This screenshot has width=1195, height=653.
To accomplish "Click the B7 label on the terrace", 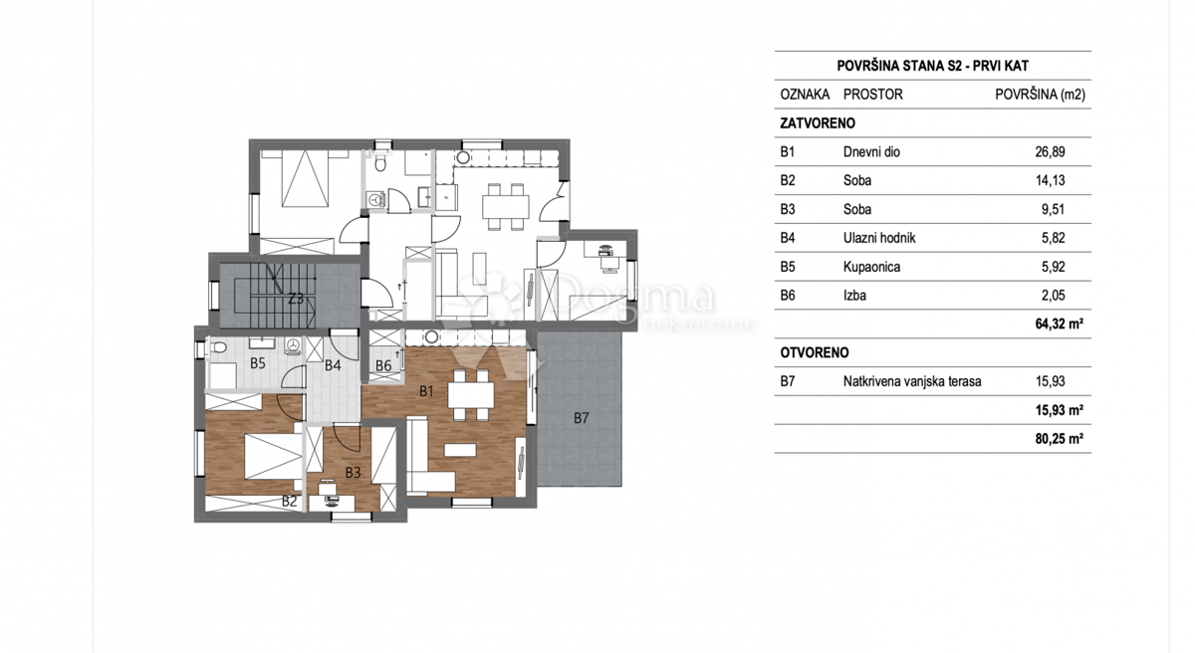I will coord(582,418).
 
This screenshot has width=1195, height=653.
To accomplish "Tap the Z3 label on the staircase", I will coord(296,299).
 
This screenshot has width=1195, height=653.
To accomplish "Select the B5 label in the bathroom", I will coord(258,364).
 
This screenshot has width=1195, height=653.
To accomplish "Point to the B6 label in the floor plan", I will coord(383,366).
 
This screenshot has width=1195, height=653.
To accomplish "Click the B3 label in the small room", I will coord(354,472).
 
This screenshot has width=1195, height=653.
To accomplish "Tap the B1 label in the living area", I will coord(426,391).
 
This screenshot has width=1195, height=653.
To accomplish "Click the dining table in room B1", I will coord(469,395).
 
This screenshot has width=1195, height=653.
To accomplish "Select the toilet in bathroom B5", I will coord(218,348).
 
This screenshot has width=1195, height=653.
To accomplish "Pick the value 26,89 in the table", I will coord(1050,152).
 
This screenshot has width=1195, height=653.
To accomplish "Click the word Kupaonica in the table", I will coord(871,267).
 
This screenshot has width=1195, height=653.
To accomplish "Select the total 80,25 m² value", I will coord(1059,438).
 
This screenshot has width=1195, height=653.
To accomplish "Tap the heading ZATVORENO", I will coord(818,123).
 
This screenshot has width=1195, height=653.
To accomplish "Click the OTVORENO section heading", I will coord(815,352).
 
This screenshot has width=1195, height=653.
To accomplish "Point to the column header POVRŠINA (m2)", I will coord(1040,95).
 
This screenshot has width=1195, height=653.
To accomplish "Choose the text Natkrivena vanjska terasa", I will coord(911,381).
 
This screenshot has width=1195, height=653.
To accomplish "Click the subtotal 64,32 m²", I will coord(1059,324).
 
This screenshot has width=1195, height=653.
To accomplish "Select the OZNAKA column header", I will coord(805,95).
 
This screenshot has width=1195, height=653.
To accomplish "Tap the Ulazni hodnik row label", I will coord(878,238).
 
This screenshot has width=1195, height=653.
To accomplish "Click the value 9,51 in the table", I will coord(1050,209).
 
